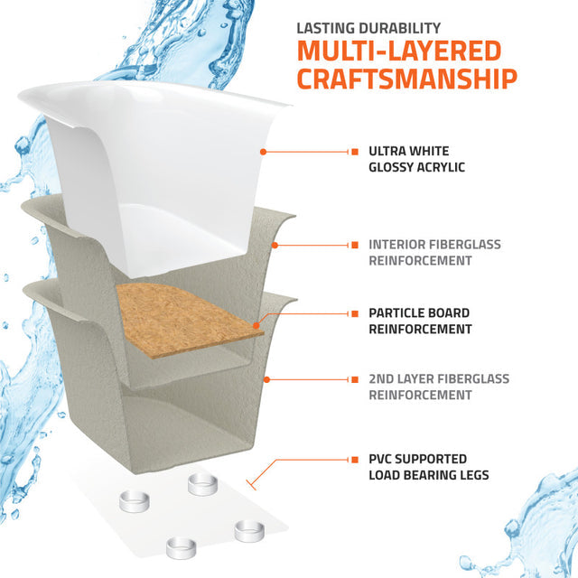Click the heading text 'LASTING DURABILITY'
(368, 28)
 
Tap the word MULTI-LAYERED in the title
(399, 51)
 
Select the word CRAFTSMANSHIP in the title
(407, 79)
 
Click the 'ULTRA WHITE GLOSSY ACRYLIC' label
(416, 159)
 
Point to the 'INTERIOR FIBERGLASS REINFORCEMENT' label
(435, 253)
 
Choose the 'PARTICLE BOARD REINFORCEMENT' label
(420, 322)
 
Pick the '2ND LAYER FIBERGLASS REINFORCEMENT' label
(439, 387)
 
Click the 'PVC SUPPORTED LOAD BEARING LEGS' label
(429, 467)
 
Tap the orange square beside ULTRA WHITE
(355, 152)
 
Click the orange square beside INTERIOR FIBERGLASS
(355, 245)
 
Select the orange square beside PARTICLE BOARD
(355, 313)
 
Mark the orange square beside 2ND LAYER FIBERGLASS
(355, 379)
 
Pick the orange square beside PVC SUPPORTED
(355, 460)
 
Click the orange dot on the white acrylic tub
(263, 152)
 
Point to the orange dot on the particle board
(256, 325)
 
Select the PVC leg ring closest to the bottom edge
(181, 548)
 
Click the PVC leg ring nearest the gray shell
(202, 484)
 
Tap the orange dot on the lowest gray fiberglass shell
(267, 379)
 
